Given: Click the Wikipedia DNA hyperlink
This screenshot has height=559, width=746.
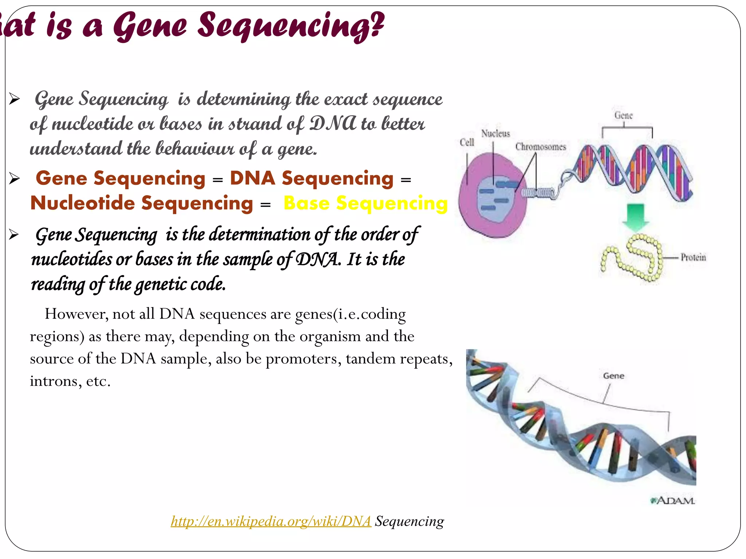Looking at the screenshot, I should [x=271, y=521].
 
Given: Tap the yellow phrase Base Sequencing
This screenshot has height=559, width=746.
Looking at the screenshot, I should [x=365, y=203].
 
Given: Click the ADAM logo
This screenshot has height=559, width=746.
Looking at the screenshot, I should [x=673, y=501].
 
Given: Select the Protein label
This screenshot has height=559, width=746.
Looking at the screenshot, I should [x=693, y=257].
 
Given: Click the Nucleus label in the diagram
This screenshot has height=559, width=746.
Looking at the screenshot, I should [x=495, y=134].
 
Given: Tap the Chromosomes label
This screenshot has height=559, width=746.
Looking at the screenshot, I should [x=541, y=147].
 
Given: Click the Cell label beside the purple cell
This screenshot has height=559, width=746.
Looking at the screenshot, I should [x=467, y=142].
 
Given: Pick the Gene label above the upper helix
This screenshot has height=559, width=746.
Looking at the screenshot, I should [x=623, y=115].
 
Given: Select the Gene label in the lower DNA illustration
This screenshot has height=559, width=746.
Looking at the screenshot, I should [x=613, y=376].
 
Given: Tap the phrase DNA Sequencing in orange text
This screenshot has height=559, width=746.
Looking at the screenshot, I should [x=311, y=178].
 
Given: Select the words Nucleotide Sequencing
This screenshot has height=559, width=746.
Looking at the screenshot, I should [x=141, y=203].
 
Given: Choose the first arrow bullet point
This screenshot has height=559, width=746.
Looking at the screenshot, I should [x=14, y=99].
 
